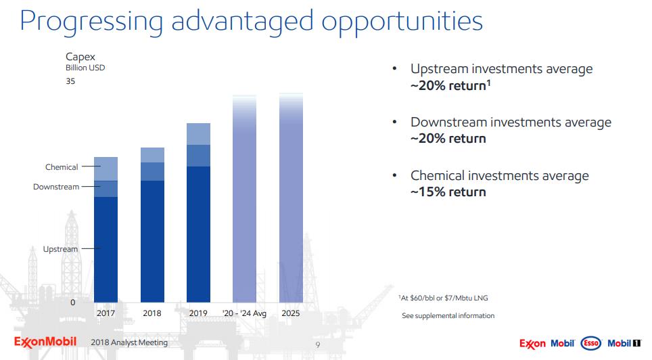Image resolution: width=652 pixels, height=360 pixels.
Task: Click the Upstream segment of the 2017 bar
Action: (x=106, y=249)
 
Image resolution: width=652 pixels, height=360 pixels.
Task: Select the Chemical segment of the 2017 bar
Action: (x=106, y=168)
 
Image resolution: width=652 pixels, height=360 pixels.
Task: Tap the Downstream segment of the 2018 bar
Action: (x=152, y=171)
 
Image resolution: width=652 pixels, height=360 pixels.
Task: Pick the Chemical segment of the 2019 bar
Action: (x=198, y=134)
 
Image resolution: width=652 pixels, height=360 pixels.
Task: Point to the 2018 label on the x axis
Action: (x=152, y=313)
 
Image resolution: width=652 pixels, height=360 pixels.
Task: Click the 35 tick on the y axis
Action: (x=70, y=81)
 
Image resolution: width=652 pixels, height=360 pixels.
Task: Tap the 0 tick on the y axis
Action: (x=73, y=302)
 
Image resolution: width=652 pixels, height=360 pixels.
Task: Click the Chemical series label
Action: (x=62, y=167)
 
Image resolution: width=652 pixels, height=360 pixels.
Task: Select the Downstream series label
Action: (x=56, y=187)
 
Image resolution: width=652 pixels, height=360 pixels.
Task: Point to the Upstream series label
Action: (x=60, y=249)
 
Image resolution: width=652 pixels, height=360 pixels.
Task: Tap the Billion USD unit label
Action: (x=85, y=68)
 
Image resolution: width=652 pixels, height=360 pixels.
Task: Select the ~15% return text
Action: (x=448, y=192)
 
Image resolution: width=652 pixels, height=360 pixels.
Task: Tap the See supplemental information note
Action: (x=448, y=316)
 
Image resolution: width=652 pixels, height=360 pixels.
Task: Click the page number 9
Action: (x=319, y=344)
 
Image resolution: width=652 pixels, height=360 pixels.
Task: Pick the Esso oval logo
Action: (x=591, y=344)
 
